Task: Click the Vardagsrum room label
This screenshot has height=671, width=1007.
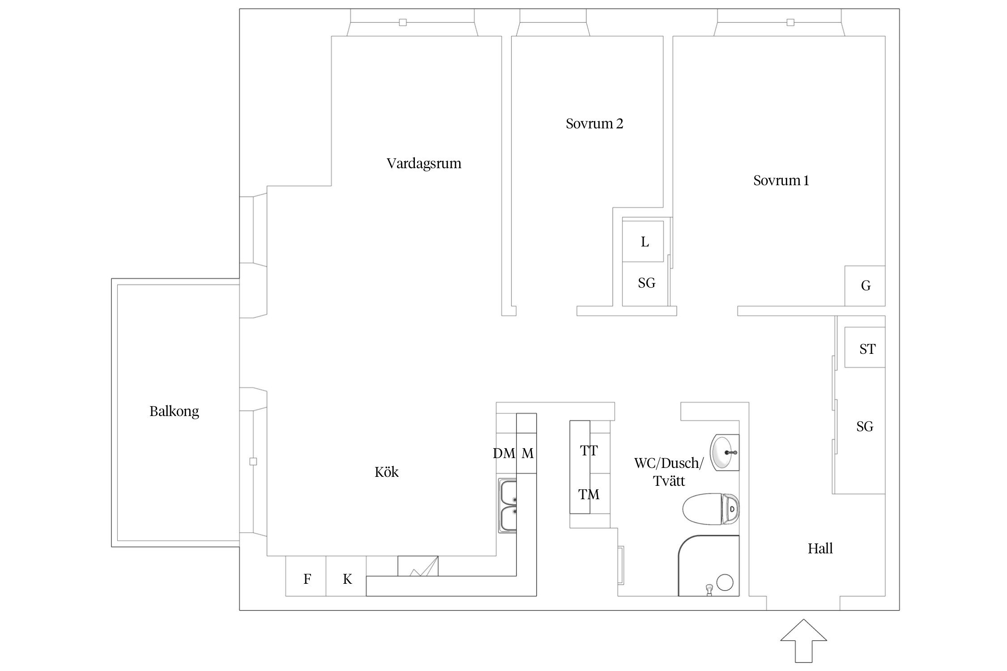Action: click(423, 163)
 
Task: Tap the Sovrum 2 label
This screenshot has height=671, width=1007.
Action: click(594, 123)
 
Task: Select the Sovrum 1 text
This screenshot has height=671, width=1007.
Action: click(781, 180)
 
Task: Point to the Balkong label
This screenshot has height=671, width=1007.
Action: click(174, 411)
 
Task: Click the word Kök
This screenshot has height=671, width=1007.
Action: click(386, 472)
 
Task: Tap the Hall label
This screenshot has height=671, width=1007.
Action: click(820, 548)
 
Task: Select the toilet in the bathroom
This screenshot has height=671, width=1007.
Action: click(711, 509)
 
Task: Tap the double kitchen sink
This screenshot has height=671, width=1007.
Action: click(508, 505)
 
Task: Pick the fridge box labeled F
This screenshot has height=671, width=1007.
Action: click(307, 579)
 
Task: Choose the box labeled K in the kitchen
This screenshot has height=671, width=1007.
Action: click(347, 579)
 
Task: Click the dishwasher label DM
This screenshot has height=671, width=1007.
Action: click(504, 454)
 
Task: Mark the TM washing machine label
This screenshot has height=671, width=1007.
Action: click(589, 494)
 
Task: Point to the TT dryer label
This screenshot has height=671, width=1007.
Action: click(589, 451)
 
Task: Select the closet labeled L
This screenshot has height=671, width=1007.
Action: click(644, 242)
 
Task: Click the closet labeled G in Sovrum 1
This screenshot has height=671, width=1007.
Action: click(865, 286)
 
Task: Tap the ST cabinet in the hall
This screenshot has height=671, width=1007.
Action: click(866, 349)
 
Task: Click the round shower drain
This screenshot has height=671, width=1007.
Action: click(725, 582)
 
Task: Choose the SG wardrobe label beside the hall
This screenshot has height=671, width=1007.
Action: click(864, 426)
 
